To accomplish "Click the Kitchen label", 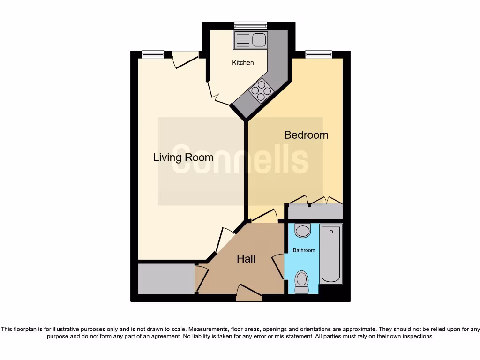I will click(243, 62).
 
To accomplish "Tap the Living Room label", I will click(183, 157).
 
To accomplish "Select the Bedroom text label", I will click(306, 135).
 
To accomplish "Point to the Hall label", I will click(246, 258).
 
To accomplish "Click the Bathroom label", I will click(304, 250).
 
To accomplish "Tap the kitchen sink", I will click(250, 40).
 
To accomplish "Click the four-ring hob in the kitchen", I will click(261, 90).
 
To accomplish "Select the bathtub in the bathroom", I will click(331, 254).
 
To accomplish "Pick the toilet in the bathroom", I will click(301, 283).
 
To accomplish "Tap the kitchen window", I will click(251, 25).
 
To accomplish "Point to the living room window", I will click(153, 55).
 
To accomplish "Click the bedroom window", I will click(319, 55).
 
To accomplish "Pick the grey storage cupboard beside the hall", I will click(166, 278).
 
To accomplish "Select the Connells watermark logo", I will click(240, 161).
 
